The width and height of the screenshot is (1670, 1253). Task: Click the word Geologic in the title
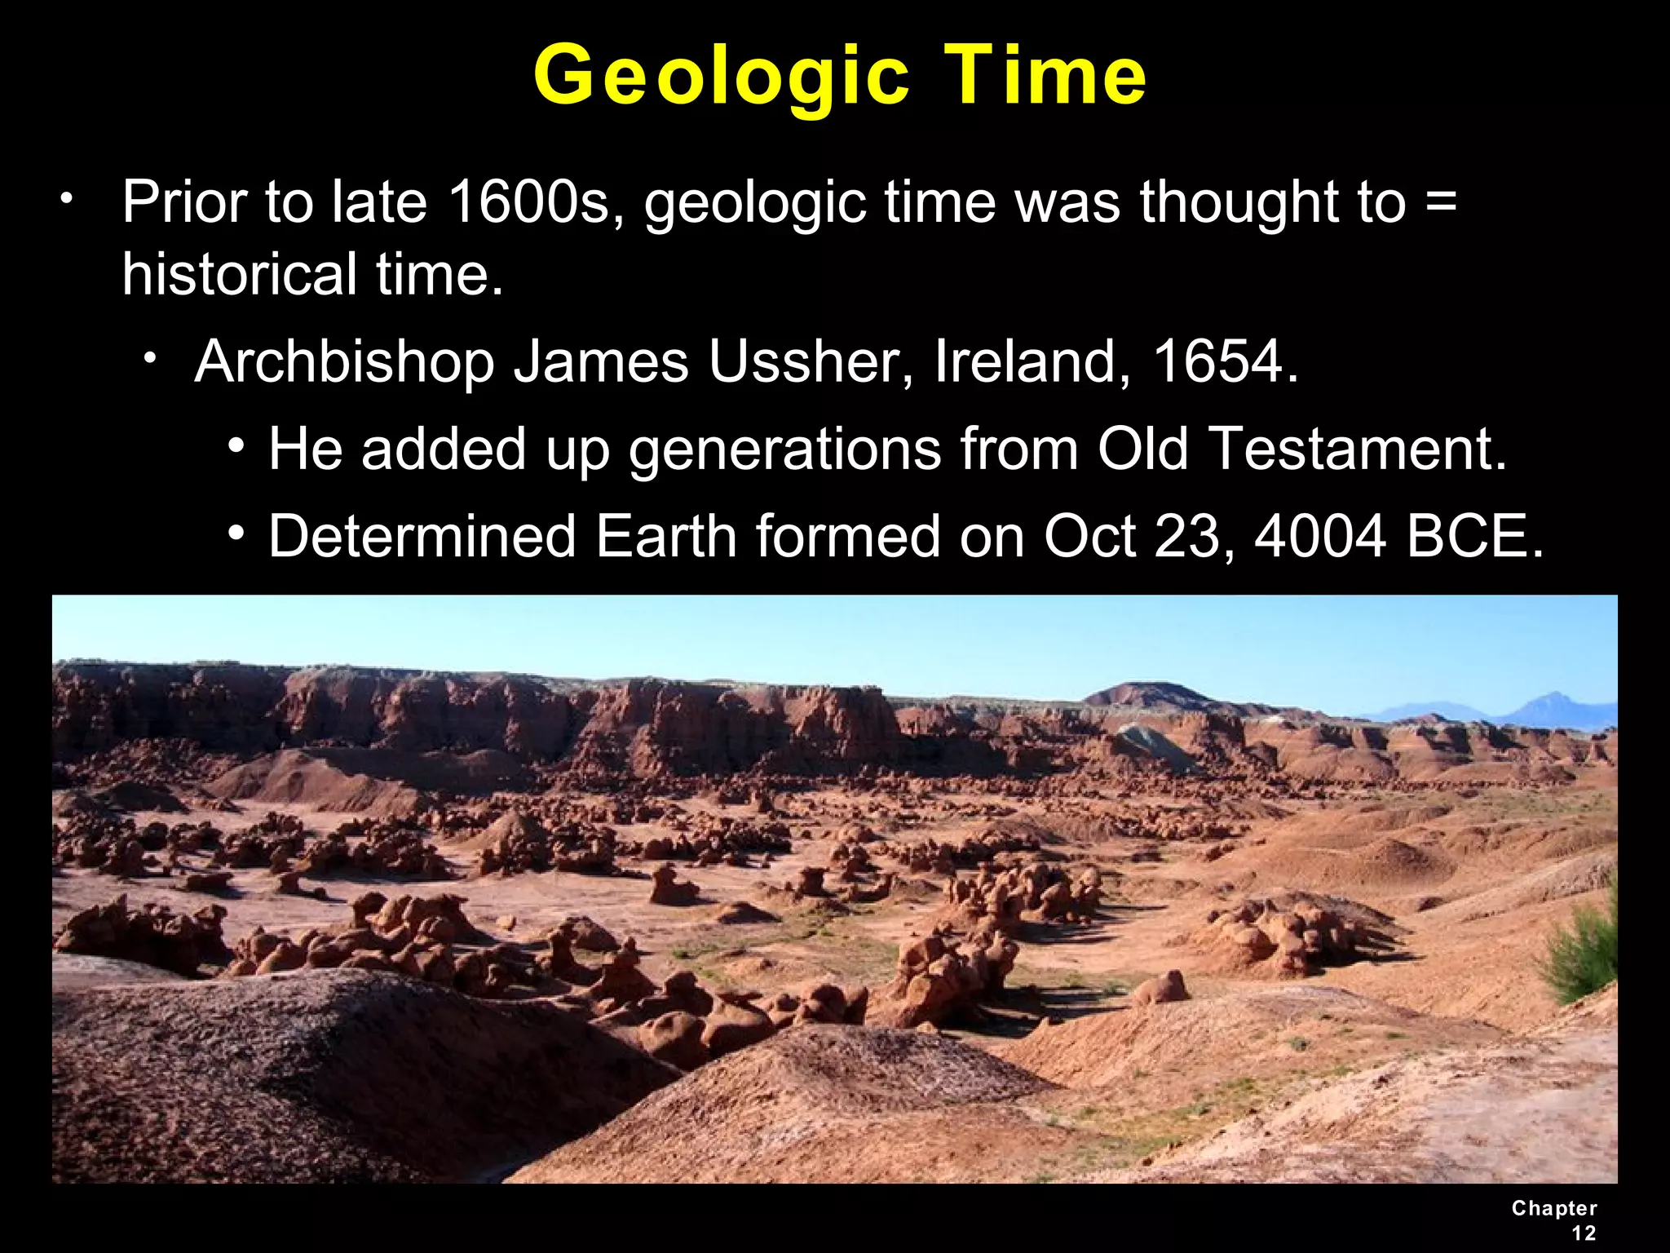click(x=721, y=77)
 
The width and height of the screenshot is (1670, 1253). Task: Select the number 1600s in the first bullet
click(x=529, y=201)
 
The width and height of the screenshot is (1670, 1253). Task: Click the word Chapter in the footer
click(x=1553, y=1208)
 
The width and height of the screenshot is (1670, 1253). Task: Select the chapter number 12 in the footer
click(x=1584, y=1233)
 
